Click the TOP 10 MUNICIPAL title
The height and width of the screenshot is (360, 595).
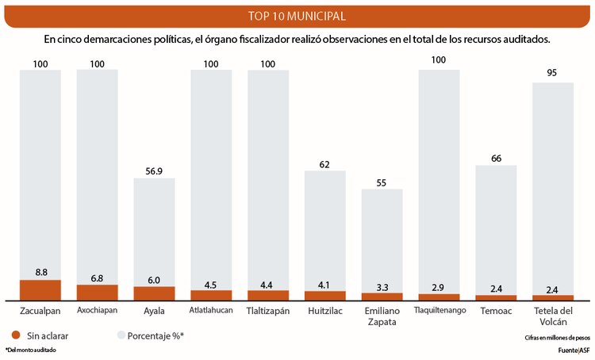pos(297,16)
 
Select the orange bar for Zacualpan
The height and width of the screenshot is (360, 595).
pos(40,289)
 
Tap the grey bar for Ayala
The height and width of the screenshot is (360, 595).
pos(154,230)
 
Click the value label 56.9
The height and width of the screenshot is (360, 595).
pos(154,170)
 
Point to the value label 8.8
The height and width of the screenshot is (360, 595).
pos(40,271)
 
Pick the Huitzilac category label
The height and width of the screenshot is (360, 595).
pos(325,310)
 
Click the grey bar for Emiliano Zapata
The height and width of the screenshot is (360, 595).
pos(382,238)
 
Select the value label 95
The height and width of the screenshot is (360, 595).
pos(553,74)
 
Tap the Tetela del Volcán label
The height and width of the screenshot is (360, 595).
pos(553,316)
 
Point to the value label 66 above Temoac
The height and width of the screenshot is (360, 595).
pos(496,157)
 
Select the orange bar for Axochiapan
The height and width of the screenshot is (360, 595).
pos(97,292)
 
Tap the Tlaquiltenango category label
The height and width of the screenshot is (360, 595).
pos(439,310)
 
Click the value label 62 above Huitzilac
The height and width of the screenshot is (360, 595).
pos(325,163)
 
